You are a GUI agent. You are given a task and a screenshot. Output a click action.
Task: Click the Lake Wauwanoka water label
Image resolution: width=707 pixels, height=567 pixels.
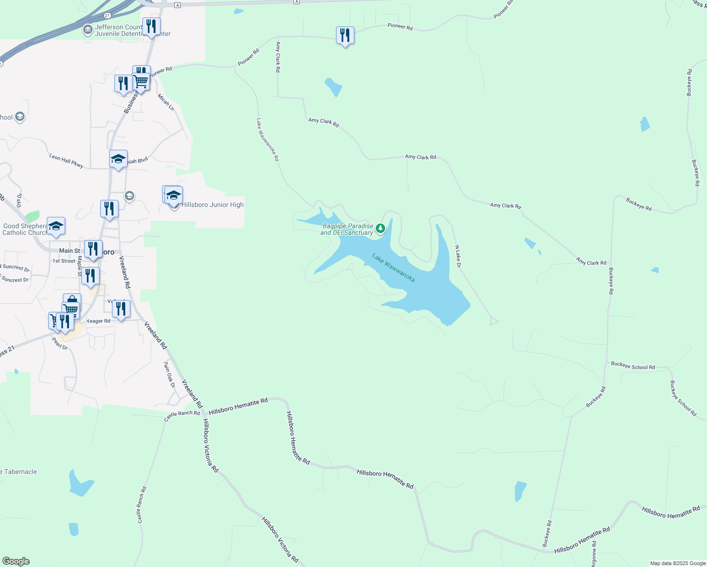coord(393,268)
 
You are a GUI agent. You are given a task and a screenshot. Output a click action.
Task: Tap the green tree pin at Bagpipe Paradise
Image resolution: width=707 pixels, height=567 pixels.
coord(380,229)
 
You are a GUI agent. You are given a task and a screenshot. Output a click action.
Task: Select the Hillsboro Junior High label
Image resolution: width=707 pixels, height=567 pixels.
coord(212,205)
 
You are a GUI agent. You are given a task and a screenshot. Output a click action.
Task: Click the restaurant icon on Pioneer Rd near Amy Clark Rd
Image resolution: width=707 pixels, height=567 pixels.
coord(345,35)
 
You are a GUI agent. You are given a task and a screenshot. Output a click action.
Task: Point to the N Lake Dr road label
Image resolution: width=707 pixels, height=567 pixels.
coord(457,256)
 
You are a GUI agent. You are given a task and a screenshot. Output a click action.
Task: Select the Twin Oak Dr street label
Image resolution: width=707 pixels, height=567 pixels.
coord(169,375)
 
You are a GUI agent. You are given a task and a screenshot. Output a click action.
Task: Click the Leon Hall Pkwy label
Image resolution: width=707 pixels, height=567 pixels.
coord(66,161)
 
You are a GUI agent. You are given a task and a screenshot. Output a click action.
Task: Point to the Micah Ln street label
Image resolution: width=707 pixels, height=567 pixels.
coord(166,102)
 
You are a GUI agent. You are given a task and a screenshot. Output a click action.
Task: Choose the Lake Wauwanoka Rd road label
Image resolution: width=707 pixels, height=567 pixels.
coord(267,140)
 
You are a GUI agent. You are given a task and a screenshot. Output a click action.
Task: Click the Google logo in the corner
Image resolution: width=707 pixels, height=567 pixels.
coord(16,561)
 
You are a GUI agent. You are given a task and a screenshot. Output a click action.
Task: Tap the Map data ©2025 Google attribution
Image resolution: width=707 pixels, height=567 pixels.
coord(678,563)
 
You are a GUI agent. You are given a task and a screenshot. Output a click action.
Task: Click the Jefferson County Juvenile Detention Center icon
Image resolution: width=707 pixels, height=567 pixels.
coord(87,30)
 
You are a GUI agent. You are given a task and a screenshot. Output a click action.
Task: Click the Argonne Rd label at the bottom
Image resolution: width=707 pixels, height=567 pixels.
coord(594,554)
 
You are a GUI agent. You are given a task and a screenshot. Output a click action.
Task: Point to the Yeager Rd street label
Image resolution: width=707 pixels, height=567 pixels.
coord(98,321)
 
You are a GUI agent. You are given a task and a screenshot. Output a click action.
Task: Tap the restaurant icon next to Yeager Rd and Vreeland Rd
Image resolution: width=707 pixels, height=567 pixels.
coord(121,309)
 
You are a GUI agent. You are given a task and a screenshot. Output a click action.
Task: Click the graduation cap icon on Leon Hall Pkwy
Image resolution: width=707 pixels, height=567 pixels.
coord(118,159)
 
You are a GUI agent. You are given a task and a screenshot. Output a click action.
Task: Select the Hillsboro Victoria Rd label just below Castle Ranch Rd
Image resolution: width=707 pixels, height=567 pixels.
coord(210,445)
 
